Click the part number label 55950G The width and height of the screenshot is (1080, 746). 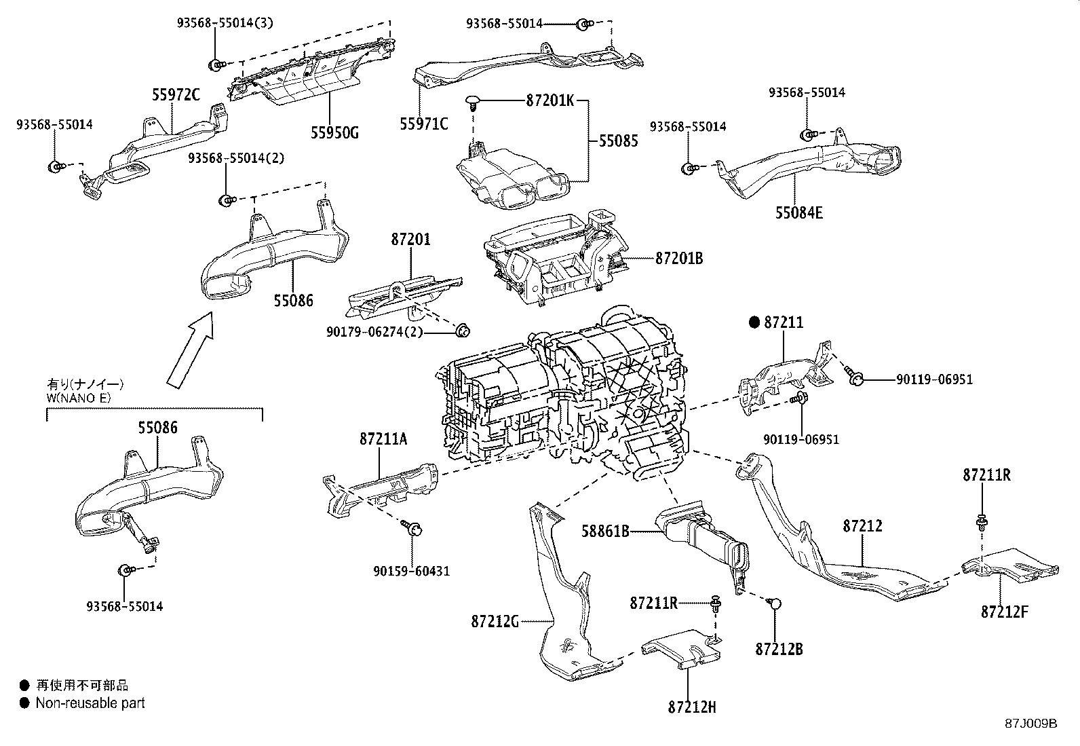(x=334, y=132)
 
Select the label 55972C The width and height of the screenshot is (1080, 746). (x=176, y=96)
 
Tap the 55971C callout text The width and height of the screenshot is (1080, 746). (x=424, y=124)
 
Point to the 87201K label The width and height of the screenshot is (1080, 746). (x=549, y=101)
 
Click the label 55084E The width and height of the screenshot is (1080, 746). (x=799, y=213)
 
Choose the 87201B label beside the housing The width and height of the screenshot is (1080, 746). (x=679, y=259)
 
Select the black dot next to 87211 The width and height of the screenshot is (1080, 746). (x=754, y=323)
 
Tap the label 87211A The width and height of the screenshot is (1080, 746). (x=383, y=439)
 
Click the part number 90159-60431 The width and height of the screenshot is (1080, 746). (x=411, y=571)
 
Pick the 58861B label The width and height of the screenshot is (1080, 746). (x=606, y=531)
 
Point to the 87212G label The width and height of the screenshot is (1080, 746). (x=495, y=620)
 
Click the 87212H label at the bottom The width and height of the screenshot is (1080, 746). (x=691, y=707)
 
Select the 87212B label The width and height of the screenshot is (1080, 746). (x=779, y=649)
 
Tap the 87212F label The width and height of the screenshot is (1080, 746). (x=1004, y=612)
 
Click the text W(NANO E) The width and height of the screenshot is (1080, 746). (x=79, y=398)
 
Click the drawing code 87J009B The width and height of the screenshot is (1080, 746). (x=1031, y=723)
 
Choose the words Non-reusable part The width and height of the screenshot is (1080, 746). (x=90, y=703)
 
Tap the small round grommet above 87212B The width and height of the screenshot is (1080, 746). (x=777, y=603)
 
